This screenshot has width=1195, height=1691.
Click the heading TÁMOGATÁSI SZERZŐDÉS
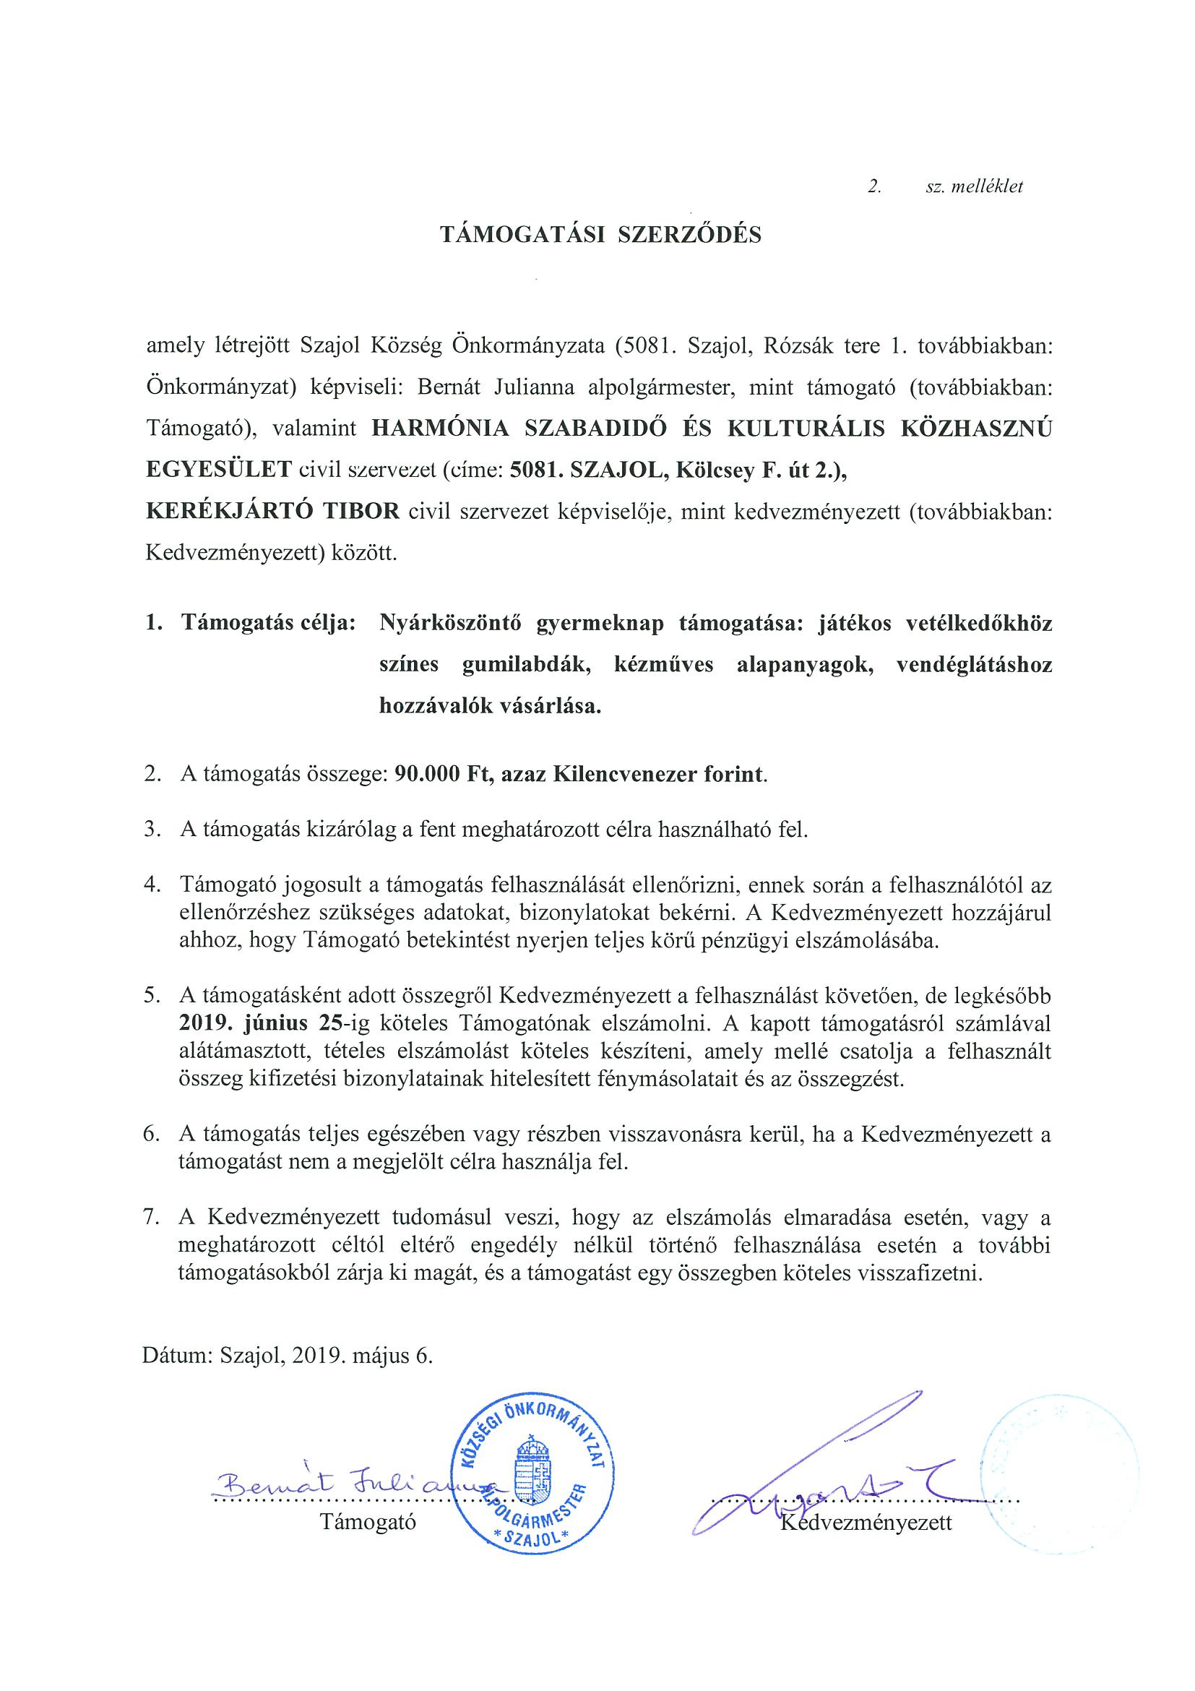(600, 234)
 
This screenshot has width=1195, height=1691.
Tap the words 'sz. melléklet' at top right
(973, 187)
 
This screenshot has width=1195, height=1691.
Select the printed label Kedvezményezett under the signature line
(866, 1523)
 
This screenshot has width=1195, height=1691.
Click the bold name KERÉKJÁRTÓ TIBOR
(272, 511)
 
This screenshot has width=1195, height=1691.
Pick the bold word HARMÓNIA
(439, 429)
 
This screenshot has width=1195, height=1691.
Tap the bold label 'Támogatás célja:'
(268, 623)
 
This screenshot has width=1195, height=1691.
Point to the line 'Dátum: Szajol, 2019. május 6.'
(287, 1356)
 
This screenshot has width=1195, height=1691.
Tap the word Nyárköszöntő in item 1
(450, 623)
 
